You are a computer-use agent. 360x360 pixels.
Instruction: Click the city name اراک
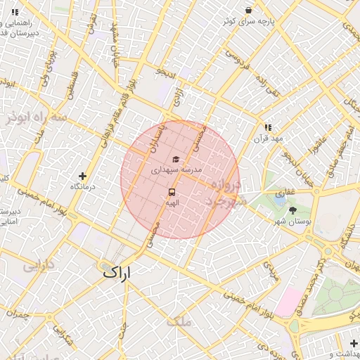(117, 271)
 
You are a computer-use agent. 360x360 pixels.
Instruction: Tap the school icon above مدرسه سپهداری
(176, 159)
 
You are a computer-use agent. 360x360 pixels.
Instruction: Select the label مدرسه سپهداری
(176, 170)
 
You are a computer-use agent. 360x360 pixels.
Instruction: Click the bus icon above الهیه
(172, 191)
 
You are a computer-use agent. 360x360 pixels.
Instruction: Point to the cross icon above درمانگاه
(83, 176)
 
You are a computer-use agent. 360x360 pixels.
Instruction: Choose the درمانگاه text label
(83, 187)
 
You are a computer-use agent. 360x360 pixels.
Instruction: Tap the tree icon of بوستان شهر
(292, 210)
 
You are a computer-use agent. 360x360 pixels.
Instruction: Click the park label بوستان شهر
(292, 221)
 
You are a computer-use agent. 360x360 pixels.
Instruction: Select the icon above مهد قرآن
(268, 127)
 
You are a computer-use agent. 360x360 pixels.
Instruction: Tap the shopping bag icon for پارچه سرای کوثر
(248, 10)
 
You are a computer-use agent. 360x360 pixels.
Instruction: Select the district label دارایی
(39, 266)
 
